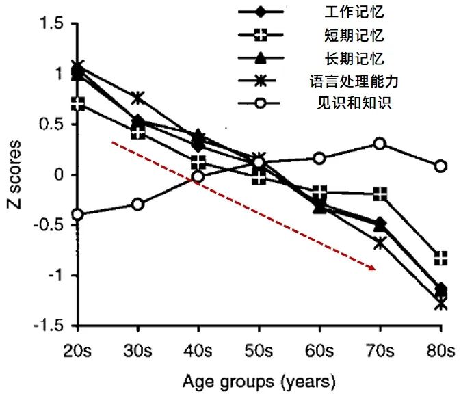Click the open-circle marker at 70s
pyautogui.click(x=380, y=144)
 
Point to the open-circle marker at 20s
pyautogui.click(x=78, y=215)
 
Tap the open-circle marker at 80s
pyautogui.click(x=441, y=166)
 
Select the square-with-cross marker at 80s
pyautogui.click(x=441, y=258)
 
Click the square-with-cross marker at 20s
pyautogui.click(x=78, y=104)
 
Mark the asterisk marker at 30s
pyautogui.click(x=138, y=98)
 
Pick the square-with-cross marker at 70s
pyautogui.click(x=380, y=194)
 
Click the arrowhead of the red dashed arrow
pyautogui.click(x=373, y=268)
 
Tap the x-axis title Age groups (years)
pyautogui.click(x=258, y=380)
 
